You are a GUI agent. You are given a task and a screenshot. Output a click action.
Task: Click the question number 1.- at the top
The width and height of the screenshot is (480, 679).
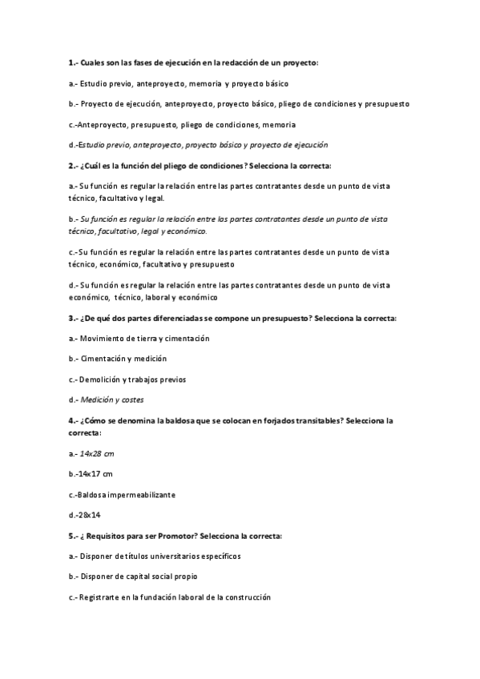pyautogui.click(x=75, y=62)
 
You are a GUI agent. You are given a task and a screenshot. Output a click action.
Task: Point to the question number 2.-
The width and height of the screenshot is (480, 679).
pyautogui.click(x=75, y=166)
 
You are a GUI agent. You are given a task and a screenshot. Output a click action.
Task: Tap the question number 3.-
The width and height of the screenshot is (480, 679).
pyautogui.click(x=75, y=318)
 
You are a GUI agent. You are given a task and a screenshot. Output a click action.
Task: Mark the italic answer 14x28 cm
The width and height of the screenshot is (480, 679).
pyautogui.click(x=95, y=454)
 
